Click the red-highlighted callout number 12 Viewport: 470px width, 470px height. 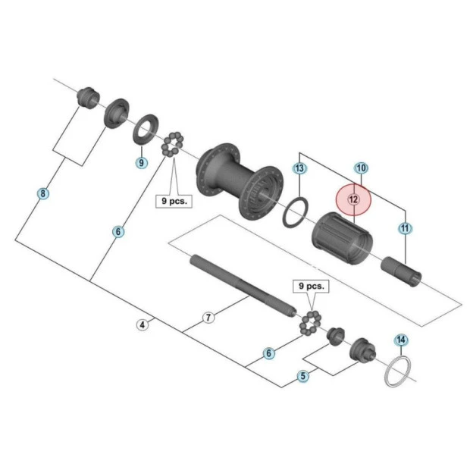pyautogui.click(x=353, y=199)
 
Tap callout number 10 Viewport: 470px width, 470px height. pyautogui.click(x=361, y=168)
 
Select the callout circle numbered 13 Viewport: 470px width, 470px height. pyautogui.click(x=299, y=168)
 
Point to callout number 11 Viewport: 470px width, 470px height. pyautogui.click(x=406, y=227)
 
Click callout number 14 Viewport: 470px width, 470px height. pyautogui.click(x=401, y=340)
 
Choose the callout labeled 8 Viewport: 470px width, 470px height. pyautogui.click(x=43, y=194)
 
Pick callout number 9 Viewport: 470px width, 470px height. pyautogui.click(x=141, y=161)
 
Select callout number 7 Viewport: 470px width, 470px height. pyautogui.click(x=208, y=318)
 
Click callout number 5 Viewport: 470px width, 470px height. pyautogui.click(x=303, y=375)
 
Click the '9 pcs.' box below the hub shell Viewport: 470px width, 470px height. pyautogui.click(x=310, y=287)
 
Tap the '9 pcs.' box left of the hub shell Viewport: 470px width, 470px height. pyautogui.click(x=174, y=202)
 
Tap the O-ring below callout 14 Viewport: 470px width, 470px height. pyautogui.click(x=399, y=372)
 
